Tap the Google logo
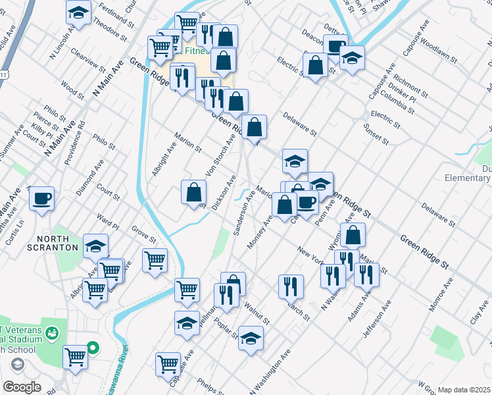pos(22,387)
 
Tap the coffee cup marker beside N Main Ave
pos(41,198)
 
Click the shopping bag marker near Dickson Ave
pos(194,192)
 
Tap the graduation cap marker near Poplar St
pos(251,338)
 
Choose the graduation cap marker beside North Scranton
pos(96,246)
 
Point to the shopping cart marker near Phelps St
pos(168,363)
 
